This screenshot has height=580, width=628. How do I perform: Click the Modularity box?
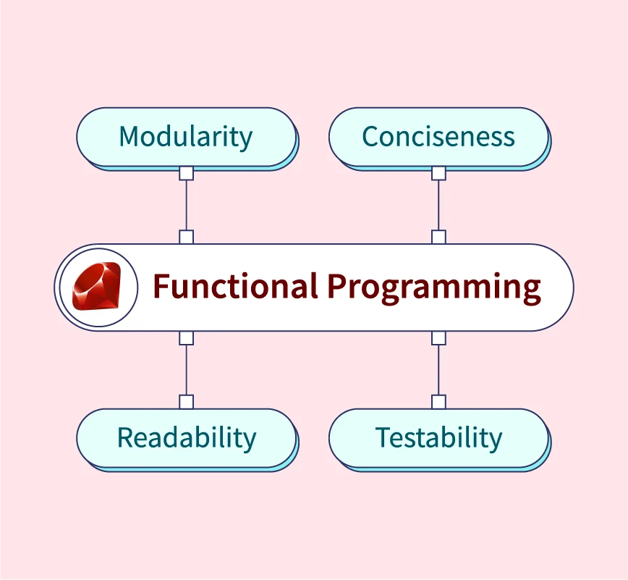pos(187,138)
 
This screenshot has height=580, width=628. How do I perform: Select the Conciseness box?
pos(439,138)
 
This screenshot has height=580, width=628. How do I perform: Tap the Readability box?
pos(187,439)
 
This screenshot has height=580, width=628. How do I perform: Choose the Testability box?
pos(439,439)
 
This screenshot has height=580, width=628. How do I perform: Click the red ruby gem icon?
pos(96,286)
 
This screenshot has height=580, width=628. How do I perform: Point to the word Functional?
pos(236,286)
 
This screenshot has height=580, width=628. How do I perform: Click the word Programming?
pos(434,288)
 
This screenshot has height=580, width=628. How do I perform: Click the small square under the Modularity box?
pos(186,174)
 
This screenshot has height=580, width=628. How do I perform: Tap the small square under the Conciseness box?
pos(438,174)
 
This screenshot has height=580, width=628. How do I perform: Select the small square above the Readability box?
pos(186,402)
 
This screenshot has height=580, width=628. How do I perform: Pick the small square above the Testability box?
pos(438,402)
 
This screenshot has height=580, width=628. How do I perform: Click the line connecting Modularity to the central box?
pos(186,205)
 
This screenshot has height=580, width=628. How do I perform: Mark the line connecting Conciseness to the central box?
pos(438,205)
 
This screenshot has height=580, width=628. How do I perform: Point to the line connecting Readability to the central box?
pos(186,370)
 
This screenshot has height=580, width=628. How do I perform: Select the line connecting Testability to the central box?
pos(438,370)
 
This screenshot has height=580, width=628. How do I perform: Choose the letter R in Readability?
pos(125,437)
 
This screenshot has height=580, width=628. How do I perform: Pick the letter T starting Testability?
pos(383,437)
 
